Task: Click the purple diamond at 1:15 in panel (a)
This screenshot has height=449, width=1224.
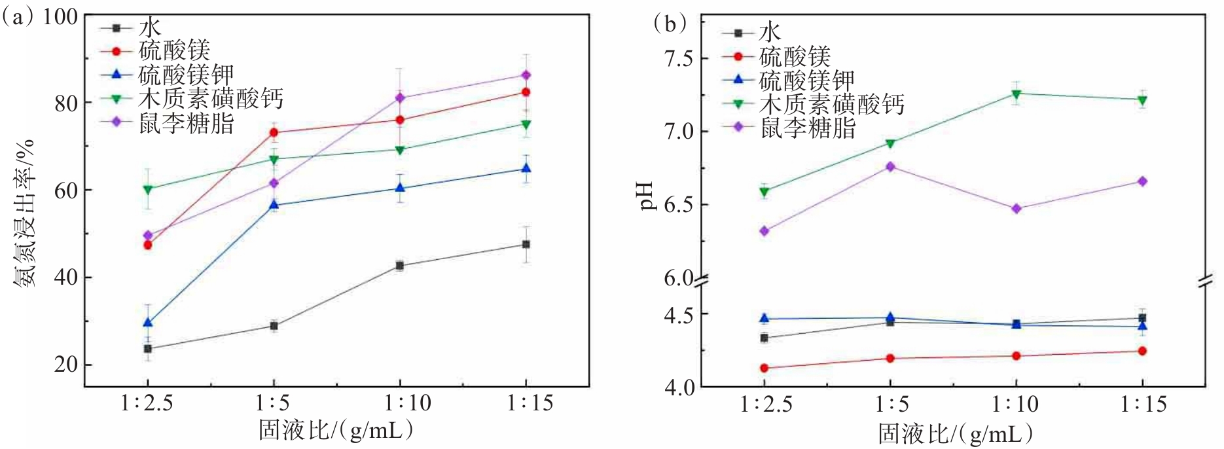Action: coord(526,75)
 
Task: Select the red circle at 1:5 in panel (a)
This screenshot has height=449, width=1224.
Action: coord(274,133)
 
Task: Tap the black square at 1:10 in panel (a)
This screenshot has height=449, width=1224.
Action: coord(399,266)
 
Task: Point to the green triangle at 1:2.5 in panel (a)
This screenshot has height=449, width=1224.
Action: coord(148,189)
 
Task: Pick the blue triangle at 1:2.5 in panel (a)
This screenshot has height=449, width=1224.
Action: coord(148,323)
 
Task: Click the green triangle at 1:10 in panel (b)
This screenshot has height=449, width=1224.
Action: coord(1017,94)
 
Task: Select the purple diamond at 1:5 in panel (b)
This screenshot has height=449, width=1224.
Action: coord(890,167)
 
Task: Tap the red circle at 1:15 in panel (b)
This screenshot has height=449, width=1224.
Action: coord(1142,351)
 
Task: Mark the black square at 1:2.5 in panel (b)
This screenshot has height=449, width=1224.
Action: coord(764,338)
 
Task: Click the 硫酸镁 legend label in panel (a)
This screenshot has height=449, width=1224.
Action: coord(174,51)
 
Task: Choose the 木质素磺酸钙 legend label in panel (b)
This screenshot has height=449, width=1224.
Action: coord(831,104)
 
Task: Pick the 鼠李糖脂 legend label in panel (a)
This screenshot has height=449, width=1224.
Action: coord(186,122)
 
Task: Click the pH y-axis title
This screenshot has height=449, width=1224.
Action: coord(647,196)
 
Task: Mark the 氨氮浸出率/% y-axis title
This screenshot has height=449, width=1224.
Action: coord(25,213)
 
